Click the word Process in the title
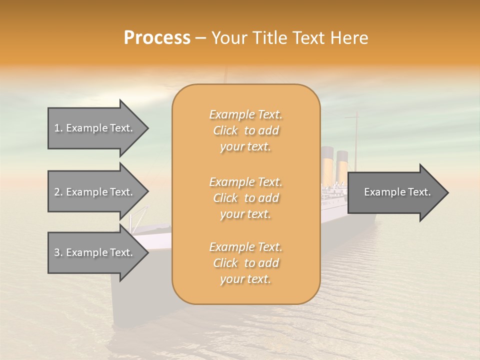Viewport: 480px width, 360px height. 157,38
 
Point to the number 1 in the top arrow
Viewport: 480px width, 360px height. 57,128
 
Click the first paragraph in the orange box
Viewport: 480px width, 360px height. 245,130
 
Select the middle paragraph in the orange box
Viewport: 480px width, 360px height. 245,198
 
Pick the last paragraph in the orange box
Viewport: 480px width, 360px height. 245,263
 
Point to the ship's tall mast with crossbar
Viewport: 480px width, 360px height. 356,135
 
